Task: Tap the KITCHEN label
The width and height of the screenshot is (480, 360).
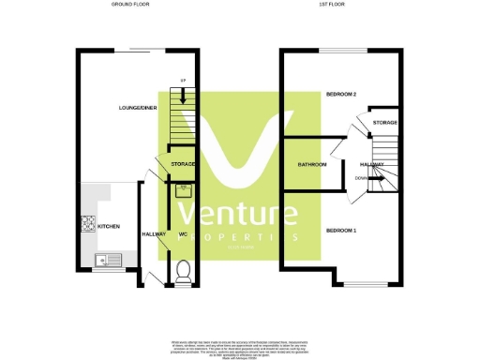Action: [x=109, y=227]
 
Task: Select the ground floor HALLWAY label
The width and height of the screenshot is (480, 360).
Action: [x=154, y=234]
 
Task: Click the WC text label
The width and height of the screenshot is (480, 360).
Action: [x=183, y=234]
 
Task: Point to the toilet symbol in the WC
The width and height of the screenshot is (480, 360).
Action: [x=184, y=270]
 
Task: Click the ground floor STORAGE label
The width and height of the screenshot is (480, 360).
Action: [x=183, y=165]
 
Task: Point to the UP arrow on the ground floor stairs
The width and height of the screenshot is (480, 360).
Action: [x=183, y=91]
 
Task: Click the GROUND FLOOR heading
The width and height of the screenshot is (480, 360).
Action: [x=130, y=5]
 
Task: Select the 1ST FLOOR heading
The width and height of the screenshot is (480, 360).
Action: [x=341, y=5]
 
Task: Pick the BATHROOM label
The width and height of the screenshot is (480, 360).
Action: [x=312, y=164]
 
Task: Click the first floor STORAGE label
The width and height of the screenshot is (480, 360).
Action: [x=384, y=123]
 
